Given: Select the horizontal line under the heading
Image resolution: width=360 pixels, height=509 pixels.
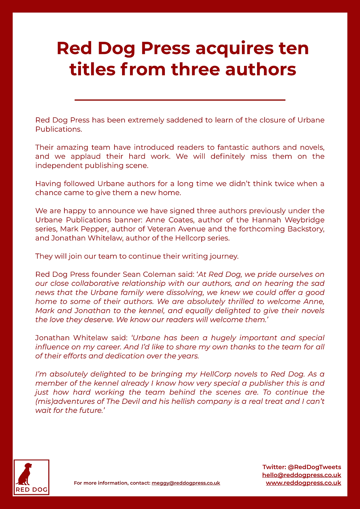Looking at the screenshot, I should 180,100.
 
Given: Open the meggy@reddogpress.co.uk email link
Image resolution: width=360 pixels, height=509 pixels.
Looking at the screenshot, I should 186,483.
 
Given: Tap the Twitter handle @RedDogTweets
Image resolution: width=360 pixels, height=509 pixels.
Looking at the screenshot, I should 314,467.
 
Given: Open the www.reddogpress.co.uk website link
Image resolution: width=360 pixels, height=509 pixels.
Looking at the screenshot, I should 303,483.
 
